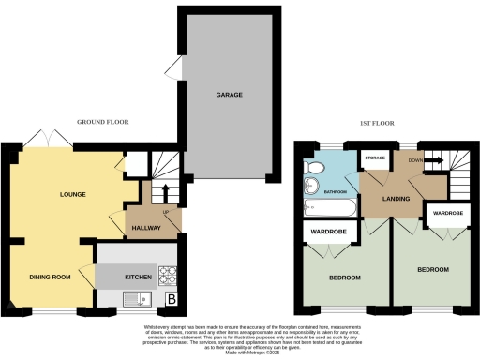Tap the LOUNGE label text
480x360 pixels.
(x=73, y=195)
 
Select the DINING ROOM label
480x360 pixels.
(x=53, y=277)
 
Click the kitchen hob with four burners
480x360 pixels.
(x=170, y=277)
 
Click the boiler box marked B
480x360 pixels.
(x=172, y=300)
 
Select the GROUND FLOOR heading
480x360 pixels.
(x=104, y=123)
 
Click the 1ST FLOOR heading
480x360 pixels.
(x=376, y=123)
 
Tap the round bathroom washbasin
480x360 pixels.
(x=310, y=184)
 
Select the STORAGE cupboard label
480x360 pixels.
(x=376, y=158)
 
